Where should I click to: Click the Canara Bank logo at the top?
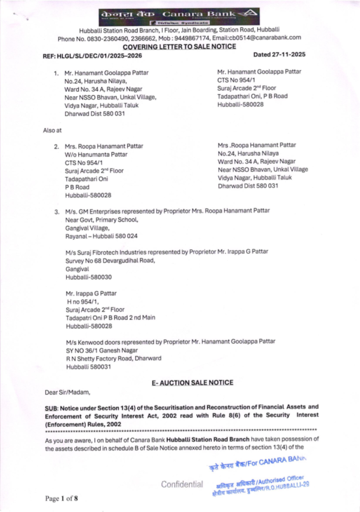click(179, 16)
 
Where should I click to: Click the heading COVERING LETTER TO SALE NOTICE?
click(179, 47)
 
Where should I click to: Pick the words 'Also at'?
click(52, 130)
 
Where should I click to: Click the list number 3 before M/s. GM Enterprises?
click(57, 212)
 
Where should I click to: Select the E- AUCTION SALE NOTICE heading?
click(192, 383)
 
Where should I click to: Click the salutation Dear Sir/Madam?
click(67, 392)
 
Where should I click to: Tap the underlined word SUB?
click(51, 408)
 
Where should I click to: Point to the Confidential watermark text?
click(182, 484)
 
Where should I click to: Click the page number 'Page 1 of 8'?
click(61, 498)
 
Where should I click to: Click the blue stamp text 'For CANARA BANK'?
click(275, 462)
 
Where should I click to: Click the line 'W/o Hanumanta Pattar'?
click(96, 154)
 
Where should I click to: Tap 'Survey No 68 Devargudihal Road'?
click(110, 260)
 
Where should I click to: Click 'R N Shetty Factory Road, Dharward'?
click(114, 358)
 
